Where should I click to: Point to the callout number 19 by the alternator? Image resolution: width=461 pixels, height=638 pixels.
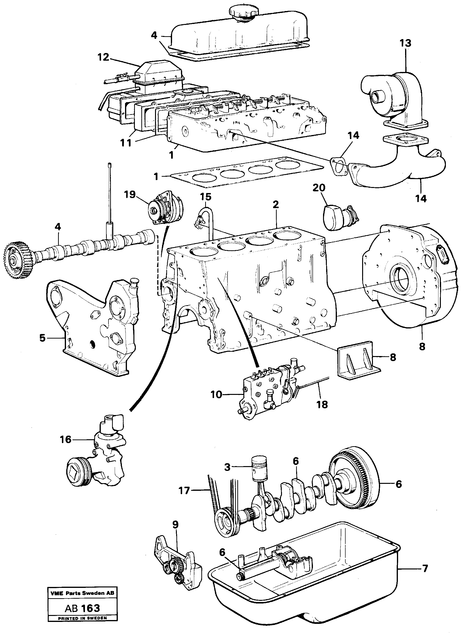pyautogui.click(x=130, y=194)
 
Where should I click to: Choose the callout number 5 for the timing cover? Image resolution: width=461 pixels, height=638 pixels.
pyautogui.click(x=42, y=338)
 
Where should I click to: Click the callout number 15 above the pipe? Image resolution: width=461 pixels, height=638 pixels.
pyautogui.click(x=206, y=197)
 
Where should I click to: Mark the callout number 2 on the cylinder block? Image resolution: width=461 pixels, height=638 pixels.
pyautogui.click(x=276, y=205)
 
